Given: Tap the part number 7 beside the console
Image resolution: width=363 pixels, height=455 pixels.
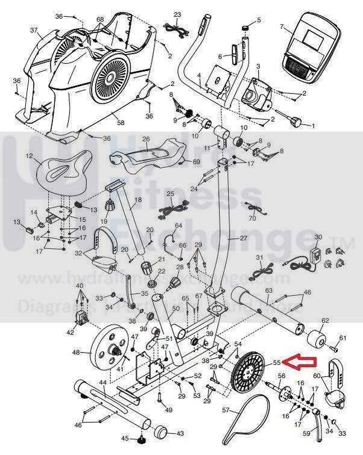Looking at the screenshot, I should pyautogui.click(x=281, y=27).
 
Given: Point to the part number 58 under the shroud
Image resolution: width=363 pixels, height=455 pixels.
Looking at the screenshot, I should pyautogui.click(x=120, y=123).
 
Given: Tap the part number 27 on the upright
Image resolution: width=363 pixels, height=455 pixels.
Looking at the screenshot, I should pyautogui.click(x=243, y=238).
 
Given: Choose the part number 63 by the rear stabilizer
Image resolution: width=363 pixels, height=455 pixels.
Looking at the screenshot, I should pyautogui.click(x=269, y=291).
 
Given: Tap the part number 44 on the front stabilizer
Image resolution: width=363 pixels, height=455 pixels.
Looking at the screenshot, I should pyautogui.click(x=103, y=382).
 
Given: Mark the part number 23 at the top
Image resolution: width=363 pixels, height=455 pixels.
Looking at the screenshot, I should pyautogui.click(x=177, y=14).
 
